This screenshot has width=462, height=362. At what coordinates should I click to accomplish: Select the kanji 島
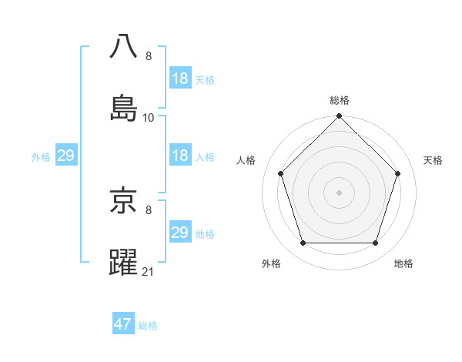pos(124,106)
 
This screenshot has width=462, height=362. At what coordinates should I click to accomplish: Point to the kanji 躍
pos(124,261)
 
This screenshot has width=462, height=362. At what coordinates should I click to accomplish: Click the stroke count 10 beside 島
pos(149,118)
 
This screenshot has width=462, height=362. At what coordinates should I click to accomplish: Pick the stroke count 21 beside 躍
pos(149,272)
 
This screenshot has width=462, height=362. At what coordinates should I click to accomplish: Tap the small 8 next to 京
pos(149,210)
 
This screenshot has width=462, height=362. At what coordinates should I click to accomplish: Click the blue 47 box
pos(123,324)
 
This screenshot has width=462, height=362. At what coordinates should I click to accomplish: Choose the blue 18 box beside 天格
pos(180,79)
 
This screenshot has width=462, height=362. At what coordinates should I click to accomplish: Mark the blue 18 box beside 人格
pos(180,156)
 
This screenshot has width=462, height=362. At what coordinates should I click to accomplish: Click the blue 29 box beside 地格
pos(180,233)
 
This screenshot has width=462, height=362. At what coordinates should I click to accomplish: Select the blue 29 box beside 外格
pos(65,156)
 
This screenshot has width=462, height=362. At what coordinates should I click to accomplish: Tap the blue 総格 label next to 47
pos(148,325)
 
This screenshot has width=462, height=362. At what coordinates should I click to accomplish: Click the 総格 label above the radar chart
pos(340,100)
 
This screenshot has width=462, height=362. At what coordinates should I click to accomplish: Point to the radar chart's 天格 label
pos(434,160)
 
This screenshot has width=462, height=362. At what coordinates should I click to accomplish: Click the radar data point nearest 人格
pos(281,173)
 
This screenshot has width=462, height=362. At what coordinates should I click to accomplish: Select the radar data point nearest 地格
pos(376,243)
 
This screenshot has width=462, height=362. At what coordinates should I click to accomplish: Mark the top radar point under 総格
pos(340,116)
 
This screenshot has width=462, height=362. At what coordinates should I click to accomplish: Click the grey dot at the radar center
pos(340,193)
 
